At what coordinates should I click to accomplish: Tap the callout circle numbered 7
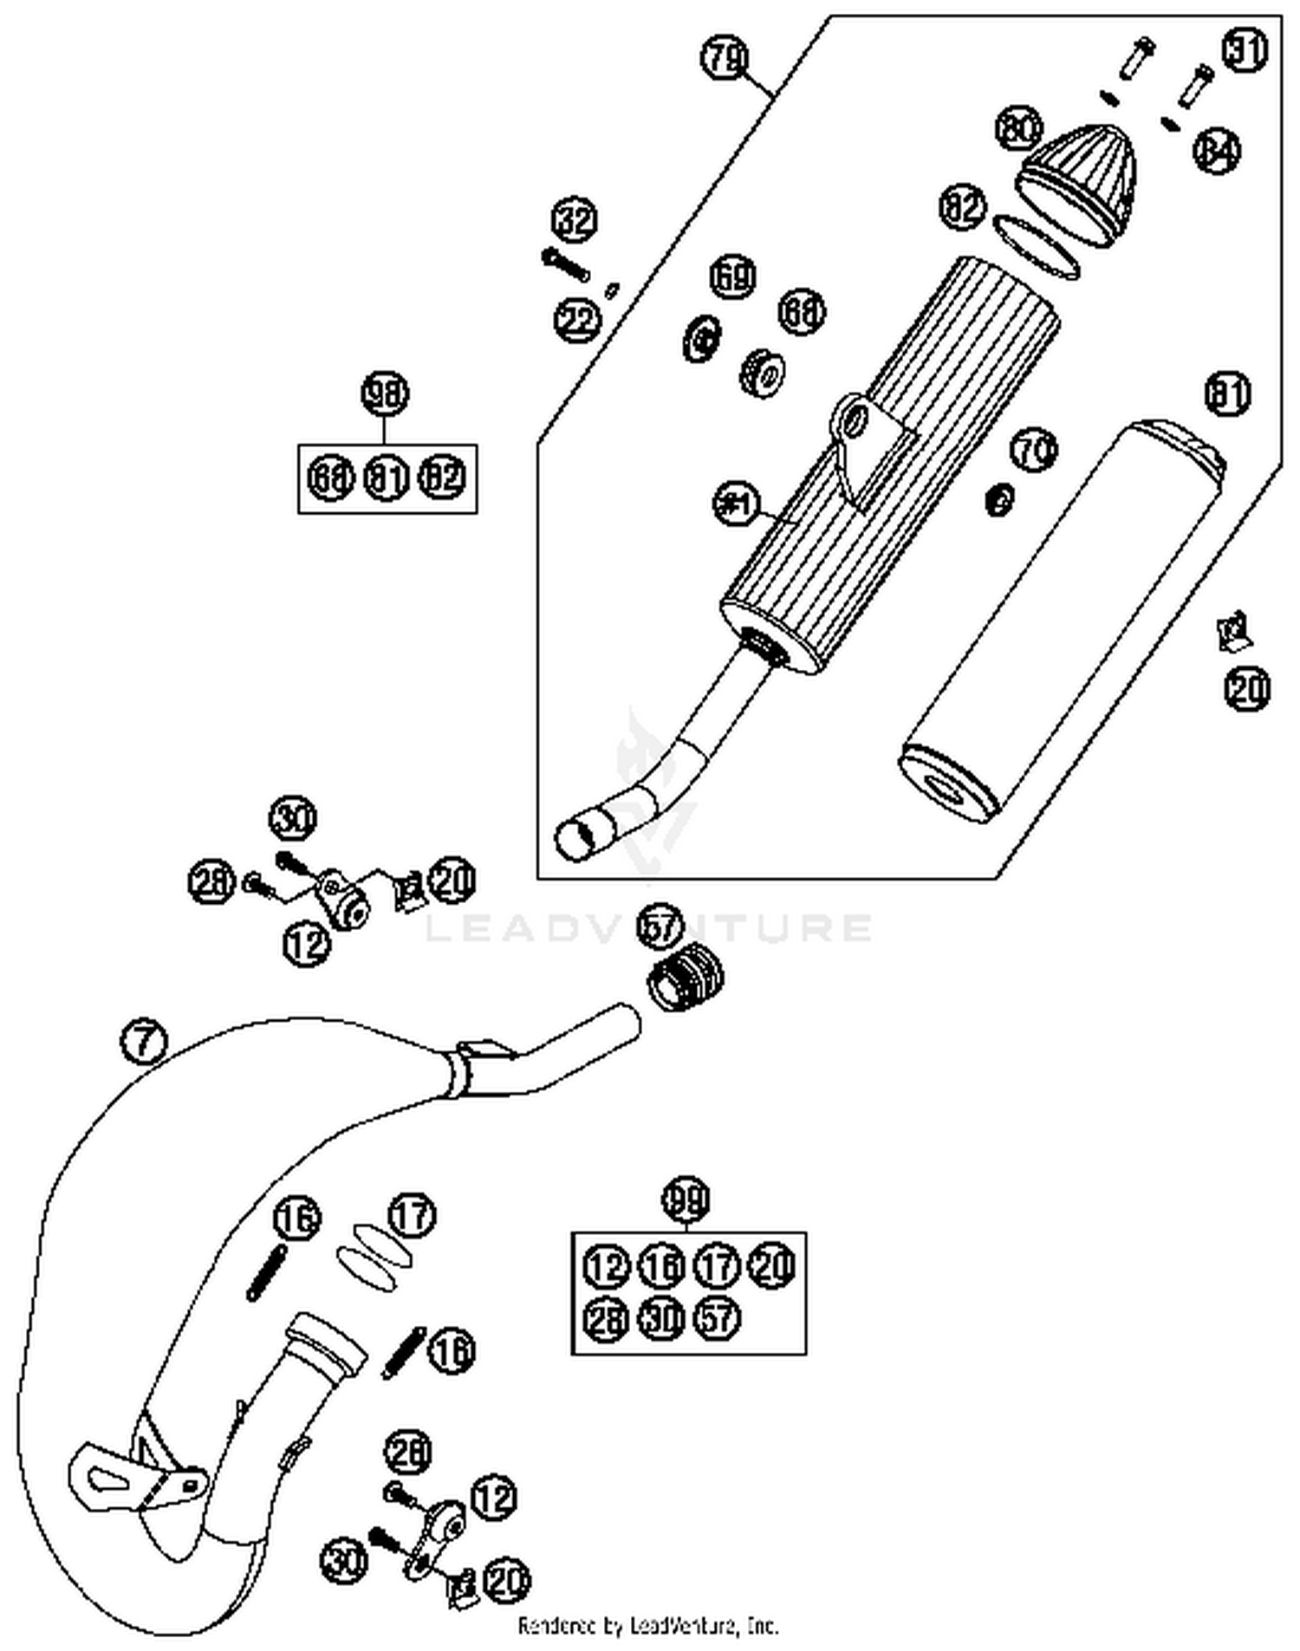[x=145, y=1041]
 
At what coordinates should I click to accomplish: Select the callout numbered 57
[x=660, y=926]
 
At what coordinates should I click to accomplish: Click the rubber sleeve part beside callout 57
[x=686, y=979]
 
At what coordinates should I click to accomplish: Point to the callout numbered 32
[x=575, y=221]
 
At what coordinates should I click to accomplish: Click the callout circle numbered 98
[x=385, y=394]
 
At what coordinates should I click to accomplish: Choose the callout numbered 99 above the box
[x=686, y=1199]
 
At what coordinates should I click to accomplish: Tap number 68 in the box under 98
[x=330, y=477]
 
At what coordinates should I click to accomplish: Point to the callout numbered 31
[x=1245, y=50]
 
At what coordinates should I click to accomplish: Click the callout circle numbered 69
[x=732, y=276]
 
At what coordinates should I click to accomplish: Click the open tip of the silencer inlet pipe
[x=572, y=839]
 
